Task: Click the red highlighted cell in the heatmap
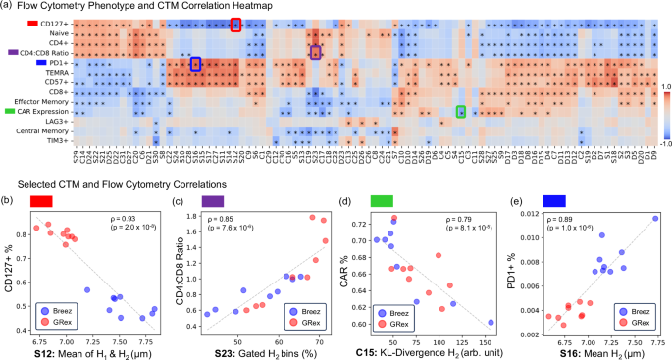[x=235, y=26]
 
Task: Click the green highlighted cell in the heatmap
[x=460, y=111]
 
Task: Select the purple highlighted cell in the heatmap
[x=315, y=52]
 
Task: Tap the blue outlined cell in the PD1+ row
[x=195, y=64]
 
